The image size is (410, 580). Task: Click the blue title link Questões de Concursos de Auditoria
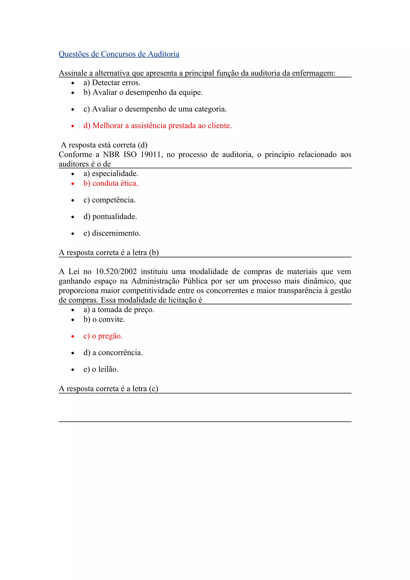[x=119, y=54]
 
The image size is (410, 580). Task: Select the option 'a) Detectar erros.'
[x=112, y=83]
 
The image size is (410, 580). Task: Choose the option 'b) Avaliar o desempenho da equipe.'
[x=143, y=92]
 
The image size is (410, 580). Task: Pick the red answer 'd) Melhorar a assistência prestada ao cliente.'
[x=157, y=125]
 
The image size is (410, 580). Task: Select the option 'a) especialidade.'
[x=111, y=174]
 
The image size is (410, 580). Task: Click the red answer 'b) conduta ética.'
[x=111, y=183]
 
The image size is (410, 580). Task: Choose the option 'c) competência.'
[x=109, y=200]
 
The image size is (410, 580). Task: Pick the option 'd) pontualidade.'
[x=110, y=217]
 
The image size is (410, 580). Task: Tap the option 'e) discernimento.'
[x=112, y=233]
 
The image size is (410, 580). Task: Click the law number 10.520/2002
[x=116, y=272]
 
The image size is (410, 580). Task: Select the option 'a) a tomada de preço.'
[x=119, y=310]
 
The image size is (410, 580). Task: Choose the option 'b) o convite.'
[x=104, y=320]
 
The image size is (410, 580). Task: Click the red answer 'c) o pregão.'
[x=103, y=336]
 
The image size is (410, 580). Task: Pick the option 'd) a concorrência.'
[x=113, y=353]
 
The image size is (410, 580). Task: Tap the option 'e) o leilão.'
[x=101, y=369]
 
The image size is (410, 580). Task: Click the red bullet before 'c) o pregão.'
[x=73, y=336]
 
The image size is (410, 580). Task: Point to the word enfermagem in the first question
[x=314, y=73]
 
